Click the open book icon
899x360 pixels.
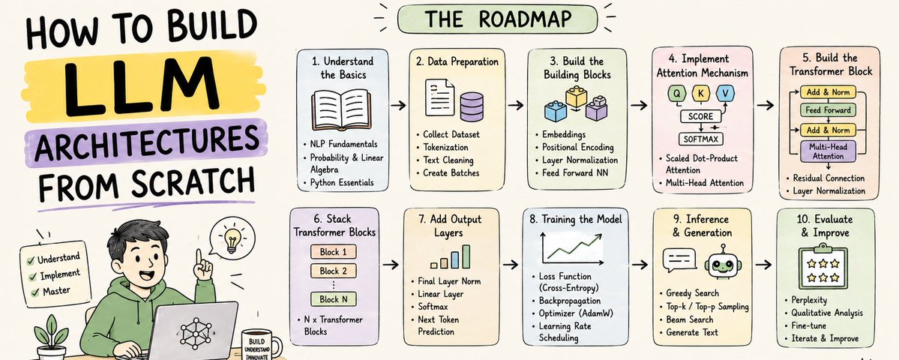[x=342, y=111]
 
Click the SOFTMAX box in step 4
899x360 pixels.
[x=700, y=139]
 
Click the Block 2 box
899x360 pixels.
[x=333, y=271]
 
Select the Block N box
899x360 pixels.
[x=333, y=298]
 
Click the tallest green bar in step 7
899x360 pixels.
[x=466, y=256]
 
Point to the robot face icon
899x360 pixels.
[x=721, y=265]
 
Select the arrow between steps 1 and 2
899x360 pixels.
[x=397, y=105]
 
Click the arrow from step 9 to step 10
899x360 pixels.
[x=763, y=264]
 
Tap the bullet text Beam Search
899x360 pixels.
[x=690, y=319]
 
